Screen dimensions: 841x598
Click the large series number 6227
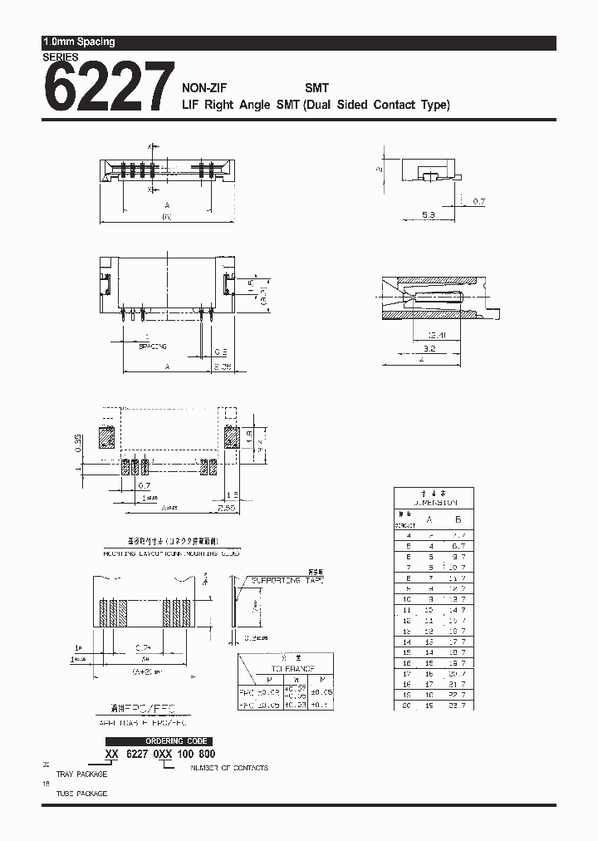[x=108, y=88]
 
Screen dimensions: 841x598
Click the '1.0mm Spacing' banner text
[x=79, y=42]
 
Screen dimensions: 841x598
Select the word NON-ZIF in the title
[x=204, y=86]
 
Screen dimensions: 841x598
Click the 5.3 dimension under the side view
[x=428, y=214]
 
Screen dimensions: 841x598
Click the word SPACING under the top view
[x=153, y=345]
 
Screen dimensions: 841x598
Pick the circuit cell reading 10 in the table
[x=407, y=598]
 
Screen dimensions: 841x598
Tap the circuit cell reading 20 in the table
[x=407, y=705]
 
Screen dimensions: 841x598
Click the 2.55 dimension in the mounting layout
[x=226, y=505]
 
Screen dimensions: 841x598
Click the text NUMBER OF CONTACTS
[x=229, y=768]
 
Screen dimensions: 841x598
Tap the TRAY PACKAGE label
[x=81, y=775]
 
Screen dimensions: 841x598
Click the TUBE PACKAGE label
[x=81, y=794]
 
